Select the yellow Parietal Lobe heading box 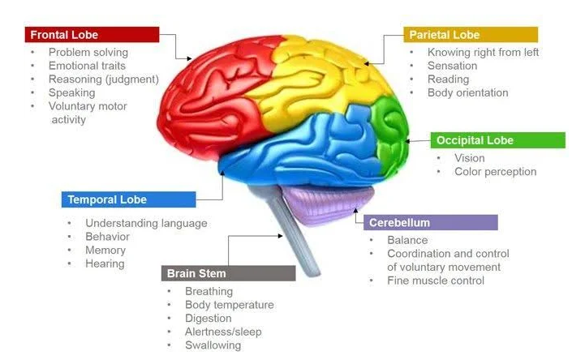point(471,35)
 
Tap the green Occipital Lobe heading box point(497,140)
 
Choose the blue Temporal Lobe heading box point(128,199)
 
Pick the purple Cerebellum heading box point(430,222)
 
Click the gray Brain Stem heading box point(228,273)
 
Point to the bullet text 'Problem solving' point(88,53)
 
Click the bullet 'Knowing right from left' point(483,53)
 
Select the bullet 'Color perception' point(495,171)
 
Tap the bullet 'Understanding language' point(146,223)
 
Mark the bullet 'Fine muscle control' point(435,281)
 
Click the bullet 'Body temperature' point(229,305)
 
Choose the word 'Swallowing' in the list point(213,345)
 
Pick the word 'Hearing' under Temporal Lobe point(105,263)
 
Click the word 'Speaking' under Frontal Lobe point(71,92)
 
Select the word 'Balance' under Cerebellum point(407,241)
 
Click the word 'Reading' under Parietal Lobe point(448,79)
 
